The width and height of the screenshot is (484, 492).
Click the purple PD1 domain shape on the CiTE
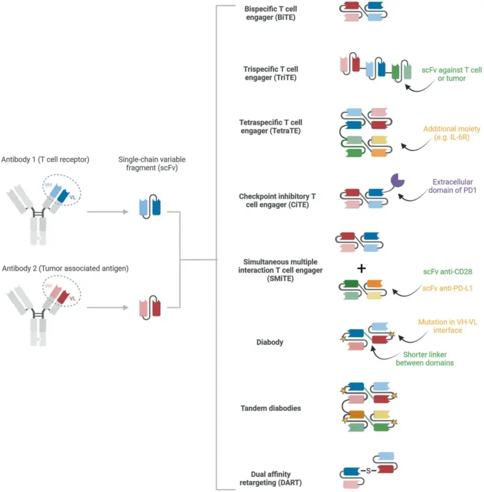point(397,181)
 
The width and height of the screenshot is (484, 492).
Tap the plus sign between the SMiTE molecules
point(362,268)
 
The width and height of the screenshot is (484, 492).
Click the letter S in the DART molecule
point(368,470)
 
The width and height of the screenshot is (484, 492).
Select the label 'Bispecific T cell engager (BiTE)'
point(271,13)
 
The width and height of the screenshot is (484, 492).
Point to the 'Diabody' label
point(270,342)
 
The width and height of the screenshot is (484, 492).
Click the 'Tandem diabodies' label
point(271,408)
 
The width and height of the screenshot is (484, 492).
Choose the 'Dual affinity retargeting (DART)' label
point(271,479)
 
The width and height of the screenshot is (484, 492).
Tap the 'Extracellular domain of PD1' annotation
point(452,186)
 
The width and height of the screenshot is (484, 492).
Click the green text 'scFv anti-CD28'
point(448,272)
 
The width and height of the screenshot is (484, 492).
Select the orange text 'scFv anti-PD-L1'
point(448,289)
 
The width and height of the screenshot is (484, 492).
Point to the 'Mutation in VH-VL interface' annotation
point(448,326)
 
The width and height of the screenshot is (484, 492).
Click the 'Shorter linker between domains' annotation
point(425,358)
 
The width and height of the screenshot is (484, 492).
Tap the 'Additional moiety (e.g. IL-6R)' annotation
point(452,133)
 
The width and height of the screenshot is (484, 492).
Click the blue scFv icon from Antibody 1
point(150,207)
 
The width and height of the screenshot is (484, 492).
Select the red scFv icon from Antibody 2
point(150,307)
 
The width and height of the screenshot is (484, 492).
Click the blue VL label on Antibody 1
point(73,197)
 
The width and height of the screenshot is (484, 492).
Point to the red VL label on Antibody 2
point(73,298)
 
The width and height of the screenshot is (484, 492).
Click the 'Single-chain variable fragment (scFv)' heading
point(152,164)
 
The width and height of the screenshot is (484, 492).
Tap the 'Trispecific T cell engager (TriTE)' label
point(271,73)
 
